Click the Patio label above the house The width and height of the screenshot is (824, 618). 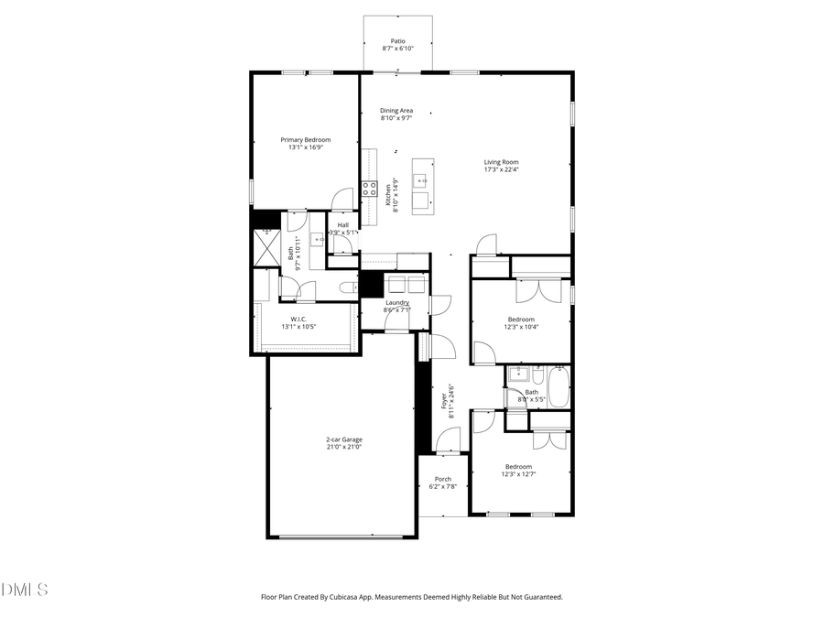[x=397, y=41]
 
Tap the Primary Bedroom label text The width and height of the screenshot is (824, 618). [x=305, y=140]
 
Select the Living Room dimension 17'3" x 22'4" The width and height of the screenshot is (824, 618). [x=501, y=169]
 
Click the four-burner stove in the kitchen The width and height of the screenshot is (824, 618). [x=369, y=190]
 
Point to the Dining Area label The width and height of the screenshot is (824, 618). [x=396, y=111]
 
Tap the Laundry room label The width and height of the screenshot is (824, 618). [x=396, y=302]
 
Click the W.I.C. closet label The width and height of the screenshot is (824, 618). [x=298, y=319]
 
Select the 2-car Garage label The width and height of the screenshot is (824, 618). [x=344, y=439]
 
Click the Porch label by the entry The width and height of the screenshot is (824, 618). [x=443, y=479]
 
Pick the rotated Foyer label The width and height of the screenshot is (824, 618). [x=444, y=400]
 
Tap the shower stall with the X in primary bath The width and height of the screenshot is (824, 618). [x=267, y=245]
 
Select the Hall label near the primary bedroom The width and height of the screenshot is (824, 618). [x=342, y=225]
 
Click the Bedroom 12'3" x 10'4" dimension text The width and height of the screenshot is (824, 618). [x=521, y=327]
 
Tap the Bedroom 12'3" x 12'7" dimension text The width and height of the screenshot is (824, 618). [x=518, y=474]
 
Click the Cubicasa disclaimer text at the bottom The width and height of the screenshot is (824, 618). [x=412, y=597]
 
